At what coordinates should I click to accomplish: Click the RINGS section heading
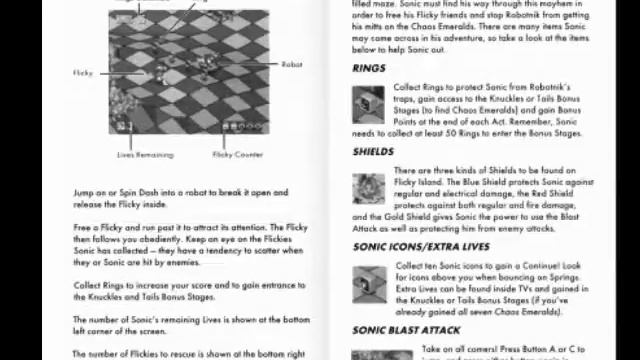pos(369,69)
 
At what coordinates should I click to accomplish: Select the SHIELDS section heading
pos(373,152)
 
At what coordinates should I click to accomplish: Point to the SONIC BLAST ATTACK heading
pos(406,329)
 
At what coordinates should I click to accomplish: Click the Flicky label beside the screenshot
pos(83,73)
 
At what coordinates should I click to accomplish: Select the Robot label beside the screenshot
pos(291,65)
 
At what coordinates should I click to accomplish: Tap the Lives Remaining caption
pos(145,155)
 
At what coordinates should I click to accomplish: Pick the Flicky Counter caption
pos(238,155)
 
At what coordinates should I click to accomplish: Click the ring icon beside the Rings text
pos(368,101)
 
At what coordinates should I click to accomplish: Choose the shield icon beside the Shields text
pos(368,187)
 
